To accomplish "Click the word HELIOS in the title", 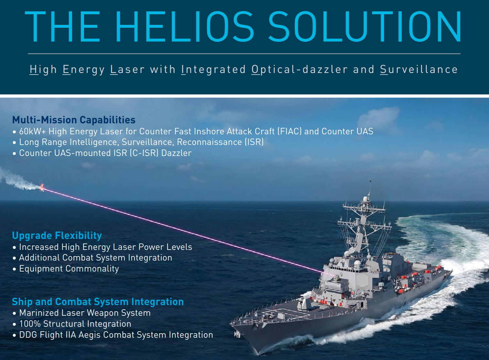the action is point(185,26).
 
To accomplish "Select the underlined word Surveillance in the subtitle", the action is point(419,69).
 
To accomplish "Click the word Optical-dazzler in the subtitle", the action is point(300,69).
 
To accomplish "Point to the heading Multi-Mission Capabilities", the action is point(74,120).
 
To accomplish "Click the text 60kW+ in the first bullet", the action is point(33,131).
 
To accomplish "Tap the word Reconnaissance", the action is point(209,142).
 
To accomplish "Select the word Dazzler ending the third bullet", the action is point(176,153).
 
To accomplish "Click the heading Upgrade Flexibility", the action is point(57,235).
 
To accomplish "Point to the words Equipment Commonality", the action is point(69,269).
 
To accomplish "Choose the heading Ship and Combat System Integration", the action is point(98,302).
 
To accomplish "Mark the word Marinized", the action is point(39,313).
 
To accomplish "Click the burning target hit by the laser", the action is point(42,187).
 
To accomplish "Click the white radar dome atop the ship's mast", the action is point(365,199).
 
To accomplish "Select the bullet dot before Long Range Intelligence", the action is point(15,143).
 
